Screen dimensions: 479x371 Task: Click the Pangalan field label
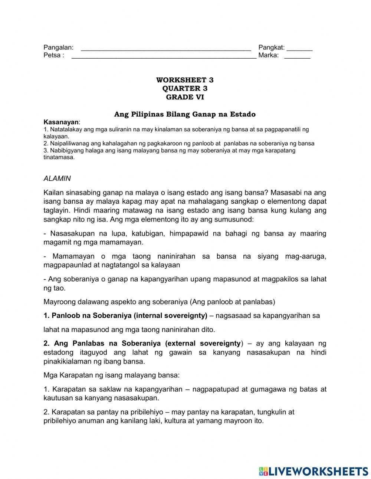pyautogui.click(x=58, y=47)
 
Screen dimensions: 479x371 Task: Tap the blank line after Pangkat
pyautogui.click(x=299, y=49)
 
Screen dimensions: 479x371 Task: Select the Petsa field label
pyautogui.click(x=54, y=56)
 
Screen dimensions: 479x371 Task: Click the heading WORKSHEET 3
pyautogui.click(x=185, y=80)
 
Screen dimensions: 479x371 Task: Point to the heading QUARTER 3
pyautogui.click(x=185, y=89)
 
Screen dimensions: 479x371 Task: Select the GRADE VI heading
pyautogui.click(x=185, y=97)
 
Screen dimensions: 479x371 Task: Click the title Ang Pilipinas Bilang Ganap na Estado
pyautogui.click(x=185, y=114)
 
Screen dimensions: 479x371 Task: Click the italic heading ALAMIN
pyautogui.click(x=57, y=178)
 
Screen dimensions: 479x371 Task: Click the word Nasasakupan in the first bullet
pyautogui.click(x=72, y=233)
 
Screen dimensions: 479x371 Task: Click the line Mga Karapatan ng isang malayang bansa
pyautogui.click(x=111, y=375)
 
